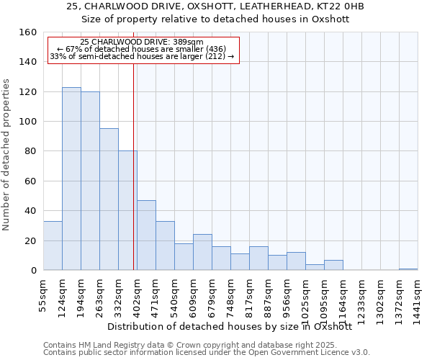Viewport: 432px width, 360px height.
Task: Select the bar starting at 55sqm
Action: pos(53,246)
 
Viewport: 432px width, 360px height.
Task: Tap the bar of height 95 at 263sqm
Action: pos(109,199)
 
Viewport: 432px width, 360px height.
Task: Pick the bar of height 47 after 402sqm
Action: pos(146,235)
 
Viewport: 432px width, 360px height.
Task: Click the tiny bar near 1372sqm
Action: pos(408,269)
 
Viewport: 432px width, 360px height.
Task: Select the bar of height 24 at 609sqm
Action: pos(202,252)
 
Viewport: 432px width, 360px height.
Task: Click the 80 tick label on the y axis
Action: pos(30,151)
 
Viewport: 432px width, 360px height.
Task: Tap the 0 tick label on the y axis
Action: pos(33,271)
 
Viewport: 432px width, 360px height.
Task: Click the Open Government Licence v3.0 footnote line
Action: pos(206,353)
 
